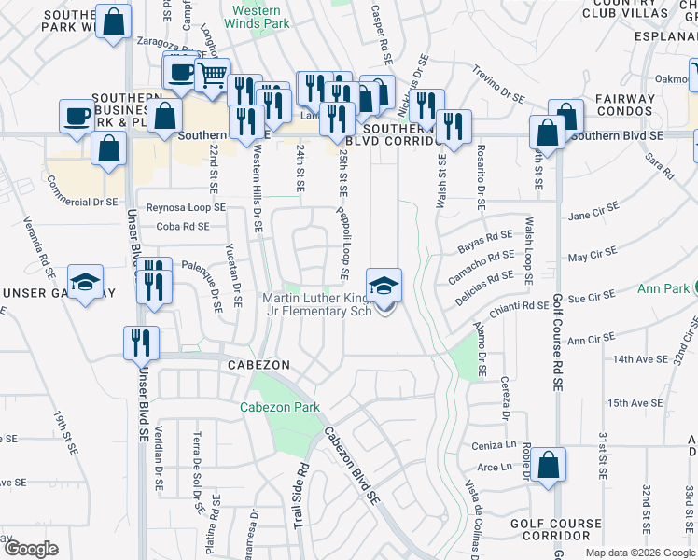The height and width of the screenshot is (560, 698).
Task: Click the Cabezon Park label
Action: coord(280,407)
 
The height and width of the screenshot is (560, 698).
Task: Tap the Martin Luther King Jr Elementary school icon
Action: coord(384,286)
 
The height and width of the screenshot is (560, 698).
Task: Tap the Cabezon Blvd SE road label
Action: coord(352,467)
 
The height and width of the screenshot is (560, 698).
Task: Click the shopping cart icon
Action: coord(214,74)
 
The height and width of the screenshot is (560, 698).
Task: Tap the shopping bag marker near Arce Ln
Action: coord(551,465)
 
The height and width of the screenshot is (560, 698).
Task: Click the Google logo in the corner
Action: coord(31,549)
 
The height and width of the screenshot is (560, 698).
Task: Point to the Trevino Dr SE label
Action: coord(501,83)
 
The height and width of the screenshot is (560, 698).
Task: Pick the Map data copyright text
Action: coord(639,553)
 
